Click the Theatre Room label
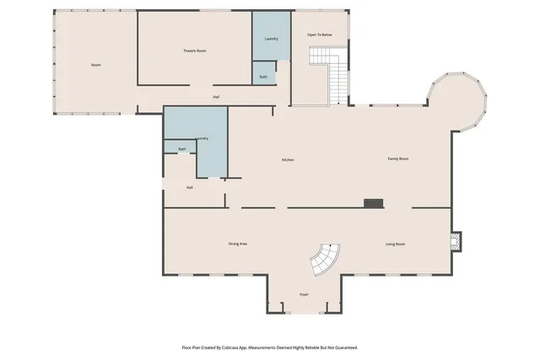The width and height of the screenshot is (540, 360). point(195,51)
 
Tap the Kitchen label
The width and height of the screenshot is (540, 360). point(288,159)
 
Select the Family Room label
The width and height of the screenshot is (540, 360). point(398,159)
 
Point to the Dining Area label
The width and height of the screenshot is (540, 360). point(237,244)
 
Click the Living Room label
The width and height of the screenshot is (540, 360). point(395,244)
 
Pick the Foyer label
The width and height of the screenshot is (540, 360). point(304,294)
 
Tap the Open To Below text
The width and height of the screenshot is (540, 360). point(319,35)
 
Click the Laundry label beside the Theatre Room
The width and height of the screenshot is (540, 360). point(271,39)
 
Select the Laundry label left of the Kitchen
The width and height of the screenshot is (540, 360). point(202,138)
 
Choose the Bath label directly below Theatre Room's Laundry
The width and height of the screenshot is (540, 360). point(263,77)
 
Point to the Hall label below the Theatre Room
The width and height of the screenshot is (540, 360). point(216,97)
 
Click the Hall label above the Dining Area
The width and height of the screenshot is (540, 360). point(190,187)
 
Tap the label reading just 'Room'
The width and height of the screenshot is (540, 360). point(96,65)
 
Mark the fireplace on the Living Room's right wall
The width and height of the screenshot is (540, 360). point(456,243)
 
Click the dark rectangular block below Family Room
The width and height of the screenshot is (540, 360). point(373,203)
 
